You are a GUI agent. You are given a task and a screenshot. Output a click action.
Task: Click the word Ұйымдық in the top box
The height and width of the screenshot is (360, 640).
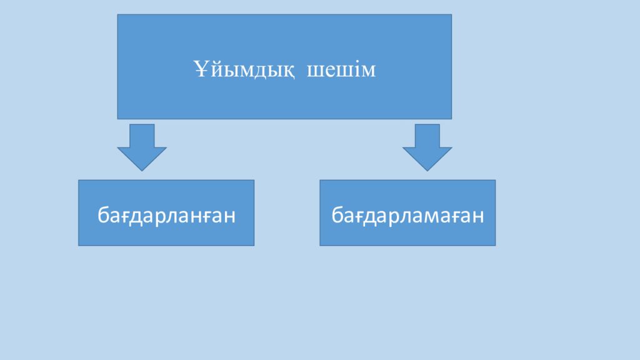244,69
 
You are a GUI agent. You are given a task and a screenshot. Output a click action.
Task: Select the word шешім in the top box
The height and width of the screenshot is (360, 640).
341,70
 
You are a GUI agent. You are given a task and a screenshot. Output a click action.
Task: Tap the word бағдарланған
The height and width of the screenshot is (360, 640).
166,215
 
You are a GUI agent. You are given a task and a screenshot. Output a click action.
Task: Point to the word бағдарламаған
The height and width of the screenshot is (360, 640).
407,215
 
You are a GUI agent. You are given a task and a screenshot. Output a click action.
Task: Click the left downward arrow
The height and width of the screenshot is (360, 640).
142,147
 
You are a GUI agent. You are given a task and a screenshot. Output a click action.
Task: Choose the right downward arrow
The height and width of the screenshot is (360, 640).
427,147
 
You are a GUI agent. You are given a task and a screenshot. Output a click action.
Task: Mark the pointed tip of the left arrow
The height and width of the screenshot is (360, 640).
142,171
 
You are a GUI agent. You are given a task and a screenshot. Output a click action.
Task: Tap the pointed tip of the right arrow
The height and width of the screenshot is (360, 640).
427,171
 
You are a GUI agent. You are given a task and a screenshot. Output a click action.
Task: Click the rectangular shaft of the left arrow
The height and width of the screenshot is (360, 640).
142,136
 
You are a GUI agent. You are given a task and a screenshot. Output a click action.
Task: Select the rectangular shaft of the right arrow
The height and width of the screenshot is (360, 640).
427,136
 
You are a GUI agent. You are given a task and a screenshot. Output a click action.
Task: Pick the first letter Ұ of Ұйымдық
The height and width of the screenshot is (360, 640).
201,69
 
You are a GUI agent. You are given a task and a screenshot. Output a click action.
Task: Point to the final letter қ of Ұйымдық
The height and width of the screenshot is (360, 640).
287,71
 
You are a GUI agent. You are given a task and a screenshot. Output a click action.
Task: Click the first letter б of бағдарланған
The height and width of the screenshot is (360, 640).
103,214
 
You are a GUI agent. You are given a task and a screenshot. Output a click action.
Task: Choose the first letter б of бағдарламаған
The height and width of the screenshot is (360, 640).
337,214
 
